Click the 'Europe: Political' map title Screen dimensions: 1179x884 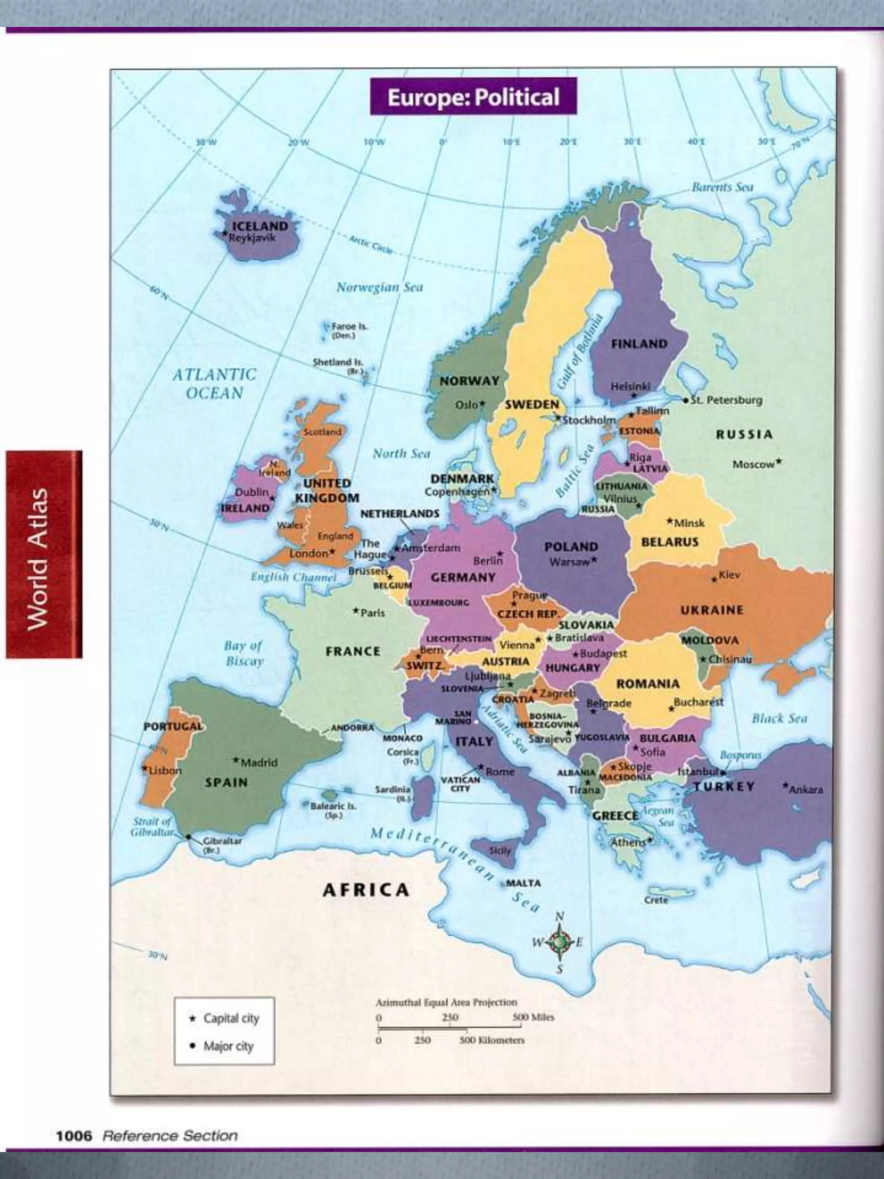(x=473, y=97)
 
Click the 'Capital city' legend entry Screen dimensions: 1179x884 (x=231, y=1018)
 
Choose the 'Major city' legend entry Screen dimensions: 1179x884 (x=228, y=1046)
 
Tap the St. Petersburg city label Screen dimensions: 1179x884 (x=726, y=400)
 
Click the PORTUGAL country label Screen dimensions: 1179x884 (x=173, y=727)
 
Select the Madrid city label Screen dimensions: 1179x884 (x=259, y=763)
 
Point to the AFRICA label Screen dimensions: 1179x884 (x=366, y=890)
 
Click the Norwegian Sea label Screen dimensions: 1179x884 (x=379, y=287)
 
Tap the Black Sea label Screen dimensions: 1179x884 (x=779, y=718)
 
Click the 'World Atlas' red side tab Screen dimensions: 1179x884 (x=44, y=554)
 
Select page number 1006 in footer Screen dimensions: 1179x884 (x=73, y=1136)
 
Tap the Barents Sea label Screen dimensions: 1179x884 (x=722, y=186)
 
